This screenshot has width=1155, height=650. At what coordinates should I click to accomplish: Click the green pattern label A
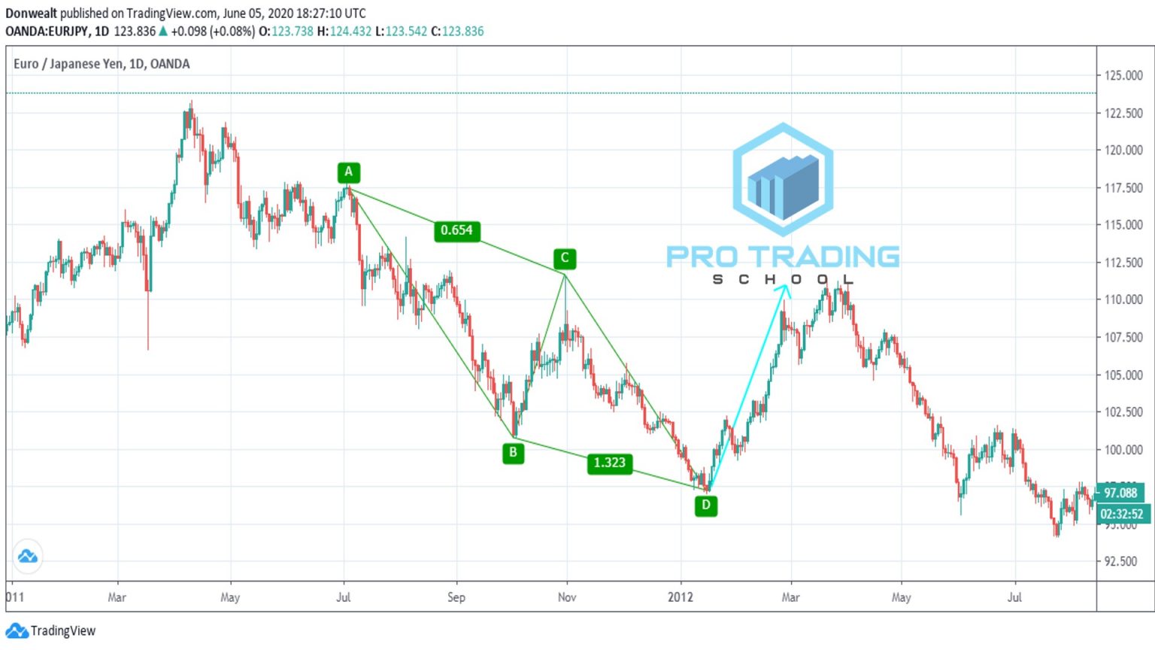(x=348, y=172)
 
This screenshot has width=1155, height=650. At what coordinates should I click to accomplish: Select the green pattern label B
(x=513, y=453)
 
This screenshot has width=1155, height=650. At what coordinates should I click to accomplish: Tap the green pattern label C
(x=565, y=259)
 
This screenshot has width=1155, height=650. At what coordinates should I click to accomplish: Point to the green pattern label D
(x=705, y=506)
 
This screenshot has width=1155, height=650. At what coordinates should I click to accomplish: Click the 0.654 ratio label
(x=456, y=230)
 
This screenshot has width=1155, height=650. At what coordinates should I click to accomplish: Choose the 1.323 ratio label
(x=609, y=463)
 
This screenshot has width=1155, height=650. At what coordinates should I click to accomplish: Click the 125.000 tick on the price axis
(x=1123, y=75)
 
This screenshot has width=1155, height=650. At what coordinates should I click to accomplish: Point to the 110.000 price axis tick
(x=1123, y=299)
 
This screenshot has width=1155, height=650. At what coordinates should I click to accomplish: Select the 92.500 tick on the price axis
(x=1120, y=561)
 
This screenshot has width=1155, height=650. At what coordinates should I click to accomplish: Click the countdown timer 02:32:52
(x=1121, y=514)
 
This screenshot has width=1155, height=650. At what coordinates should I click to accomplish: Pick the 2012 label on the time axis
(x=681, y=597)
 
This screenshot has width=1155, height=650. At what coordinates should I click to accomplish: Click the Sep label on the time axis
(x=456, y=597)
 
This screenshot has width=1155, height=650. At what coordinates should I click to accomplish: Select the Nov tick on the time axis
(x=567, y=597)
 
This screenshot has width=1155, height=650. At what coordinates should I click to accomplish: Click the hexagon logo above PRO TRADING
(x=783, y=179)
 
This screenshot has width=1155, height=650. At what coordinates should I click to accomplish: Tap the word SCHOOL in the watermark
(x=782, y=280)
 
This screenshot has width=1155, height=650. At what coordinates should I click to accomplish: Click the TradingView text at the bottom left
(x=63, y=631)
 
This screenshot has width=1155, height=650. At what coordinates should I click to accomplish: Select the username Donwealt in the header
(x=31, y=14)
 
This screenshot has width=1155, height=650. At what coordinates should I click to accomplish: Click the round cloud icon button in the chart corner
(x=28, y=557)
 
